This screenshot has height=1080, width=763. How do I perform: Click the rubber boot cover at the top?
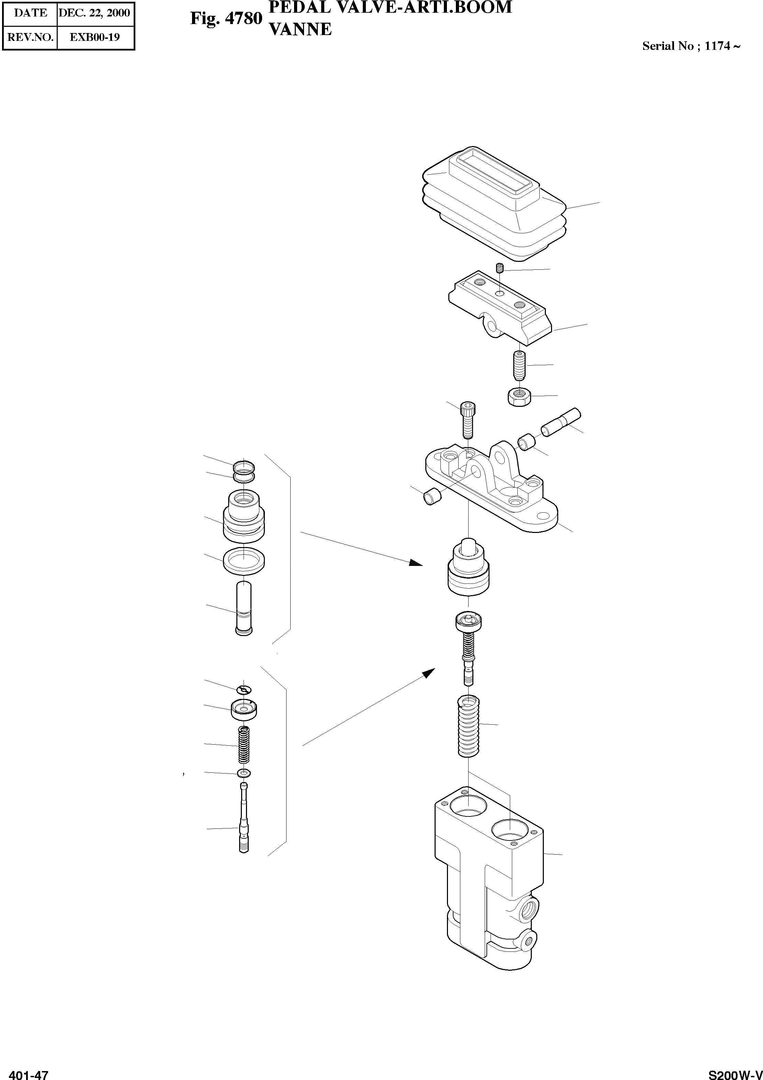point(494,207)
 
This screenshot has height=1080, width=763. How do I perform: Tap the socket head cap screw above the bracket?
point(468,419)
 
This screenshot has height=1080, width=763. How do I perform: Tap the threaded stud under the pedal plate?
point(519,367)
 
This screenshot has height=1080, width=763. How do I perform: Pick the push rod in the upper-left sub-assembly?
point(243,609)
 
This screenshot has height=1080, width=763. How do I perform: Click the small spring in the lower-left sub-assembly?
point(244,745)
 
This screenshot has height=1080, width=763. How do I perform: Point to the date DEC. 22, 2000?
point(94,13)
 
